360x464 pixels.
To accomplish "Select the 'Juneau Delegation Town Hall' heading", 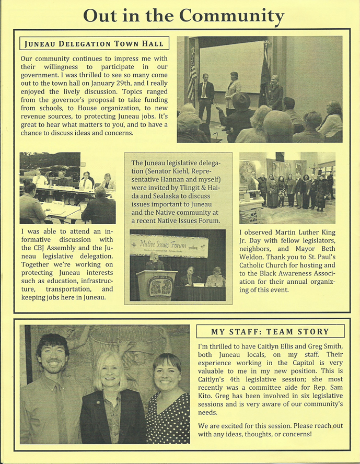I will point(94,43).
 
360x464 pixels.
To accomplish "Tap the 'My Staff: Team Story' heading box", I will point(270,331).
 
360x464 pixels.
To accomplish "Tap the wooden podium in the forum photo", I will point(157,285).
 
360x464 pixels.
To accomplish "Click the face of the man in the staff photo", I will point(52,359).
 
